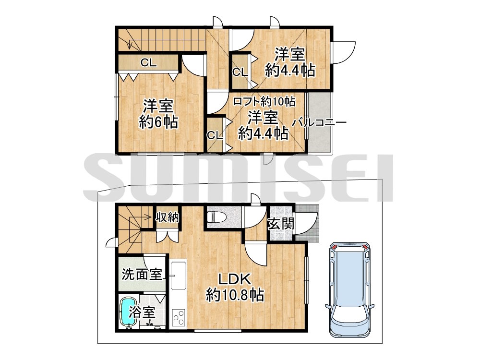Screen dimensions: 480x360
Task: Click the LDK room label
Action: (235, 278)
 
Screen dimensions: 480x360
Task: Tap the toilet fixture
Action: (216, 217)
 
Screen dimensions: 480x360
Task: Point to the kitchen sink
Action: (179, 275)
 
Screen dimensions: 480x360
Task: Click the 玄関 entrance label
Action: (281, 224)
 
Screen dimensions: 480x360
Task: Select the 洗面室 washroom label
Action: (142, 274)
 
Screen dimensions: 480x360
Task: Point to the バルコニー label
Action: (319, 123)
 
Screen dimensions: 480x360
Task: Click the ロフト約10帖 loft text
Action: (264, 101)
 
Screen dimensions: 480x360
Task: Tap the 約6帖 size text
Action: (158, 122)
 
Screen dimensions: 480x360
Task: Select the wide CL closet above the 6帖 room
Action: (148, 63)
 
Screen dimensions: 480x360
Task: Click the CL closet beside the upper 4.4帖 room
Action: (240, 72)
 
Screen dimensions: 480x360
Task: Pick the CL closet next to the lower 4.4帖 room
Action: (215, 135)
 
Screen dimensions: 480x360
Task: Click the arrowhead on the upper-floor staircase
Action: (131, 46)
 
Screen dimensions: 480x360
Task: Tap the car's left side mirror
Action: (327, 306)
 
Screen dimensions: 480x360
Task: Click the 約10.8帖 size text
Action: (235, 295)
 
